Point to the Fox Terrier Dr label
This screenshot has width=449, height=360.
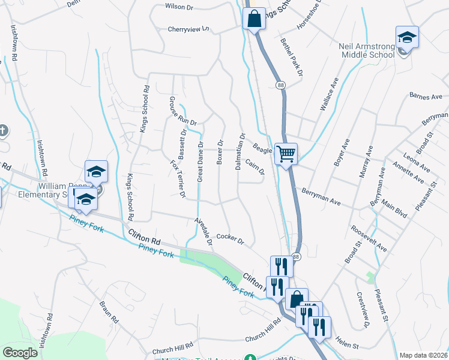[x=177, y=178]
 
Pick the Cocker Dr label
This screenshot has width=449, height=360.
[x=231, y=239]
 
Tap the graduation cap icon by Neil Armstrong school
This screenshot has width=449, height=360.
[x=406, y=37]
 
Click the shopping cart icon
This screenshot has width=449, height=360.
[x=286, y=154]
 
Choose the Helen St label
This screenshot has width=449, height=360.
[x=346, y=346]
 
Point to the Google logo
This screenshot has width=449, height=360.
[x=20, y=353]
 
